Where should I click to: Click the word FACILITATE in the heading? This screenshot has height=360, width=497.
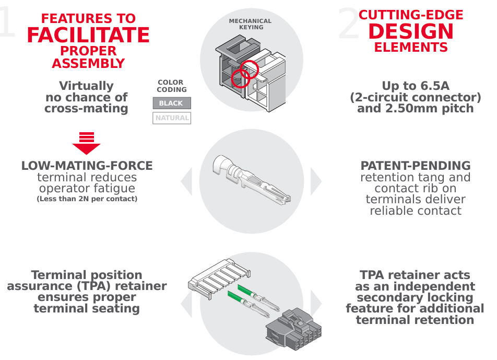tap(88, 35)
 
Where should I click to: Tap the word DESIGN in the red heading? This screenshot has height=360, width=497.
tap(411, 31)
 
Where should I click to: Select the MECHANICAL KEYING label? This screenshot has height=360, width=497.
tap(251, 24)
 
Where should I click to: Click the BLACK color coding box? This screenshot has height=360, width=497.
tap(171, 103)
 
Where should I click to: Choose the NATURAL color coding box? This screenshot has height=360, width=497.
tap(172, 118)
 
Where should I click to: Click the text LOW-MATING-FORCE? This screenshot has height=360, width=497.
tap(87, 166)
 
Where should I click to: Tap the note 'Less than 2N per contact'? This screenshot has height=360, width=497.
tap(87, 199)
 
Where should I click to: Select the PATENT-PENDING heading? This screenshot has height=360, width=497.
tap(416, 166)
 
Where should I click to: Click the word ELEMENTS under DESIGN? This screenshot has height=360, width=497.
tap(411, 48)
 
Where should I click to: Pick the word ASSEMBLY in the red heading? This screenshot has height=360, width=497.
tap(88, 64)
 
